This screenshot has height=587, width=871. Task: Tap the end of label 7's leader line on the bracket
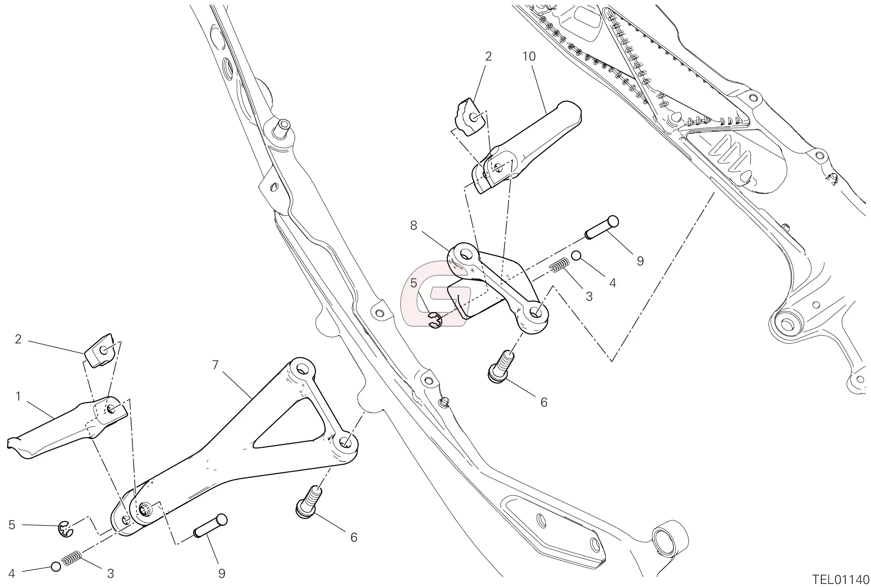point(252,397)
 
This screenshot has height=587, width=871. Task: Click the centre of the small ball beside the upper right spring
point(576,256)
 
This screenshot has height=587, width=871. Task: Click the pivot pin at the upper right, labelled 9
point(602,227)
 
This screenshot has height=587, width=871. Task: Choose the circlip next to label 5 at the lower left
point(66,529)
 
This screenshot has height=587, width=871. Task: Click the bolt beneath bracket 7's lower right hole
point(309,502)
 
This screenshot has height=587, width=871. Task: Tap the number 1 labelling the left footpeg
point(18,396)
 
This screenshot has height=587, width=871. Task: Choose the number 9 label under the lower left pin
point(221,574)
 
